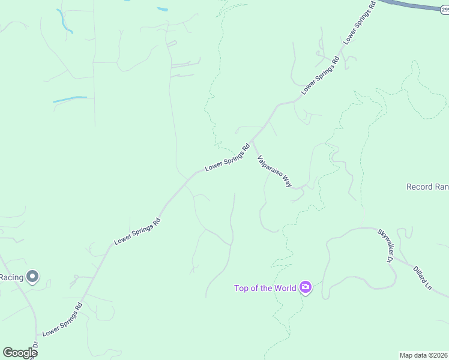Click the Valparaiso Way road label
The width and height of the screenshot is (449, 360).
[274, 172]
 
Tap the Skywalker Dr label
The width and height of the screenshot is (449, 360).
[384, 245]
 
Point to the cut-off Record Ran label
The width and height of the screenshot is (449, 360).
[427, 187]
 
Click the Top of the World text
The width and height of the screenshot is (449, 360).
[265, 288]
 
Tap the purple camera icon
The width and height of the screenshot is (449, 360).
[306, 288]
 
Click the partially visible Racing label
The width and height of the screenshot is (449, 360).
[11, 277]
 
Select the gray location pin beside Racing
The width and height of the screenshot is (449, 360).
[32, 277]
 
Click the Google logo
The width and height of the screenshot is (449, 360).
[20, 353]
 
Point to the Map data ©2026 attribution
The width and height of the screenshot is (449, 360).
[424, 355]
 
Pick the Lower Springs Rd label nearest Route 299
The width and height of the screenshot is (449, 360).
[359, 22]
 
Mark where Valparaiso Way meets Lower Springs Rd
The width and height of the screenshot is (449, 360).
[252, 140]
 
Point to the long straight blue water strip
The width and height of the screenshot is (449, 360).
[70, 99]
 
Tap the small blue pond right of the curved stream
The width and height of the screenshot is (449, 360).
[162, 9]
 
